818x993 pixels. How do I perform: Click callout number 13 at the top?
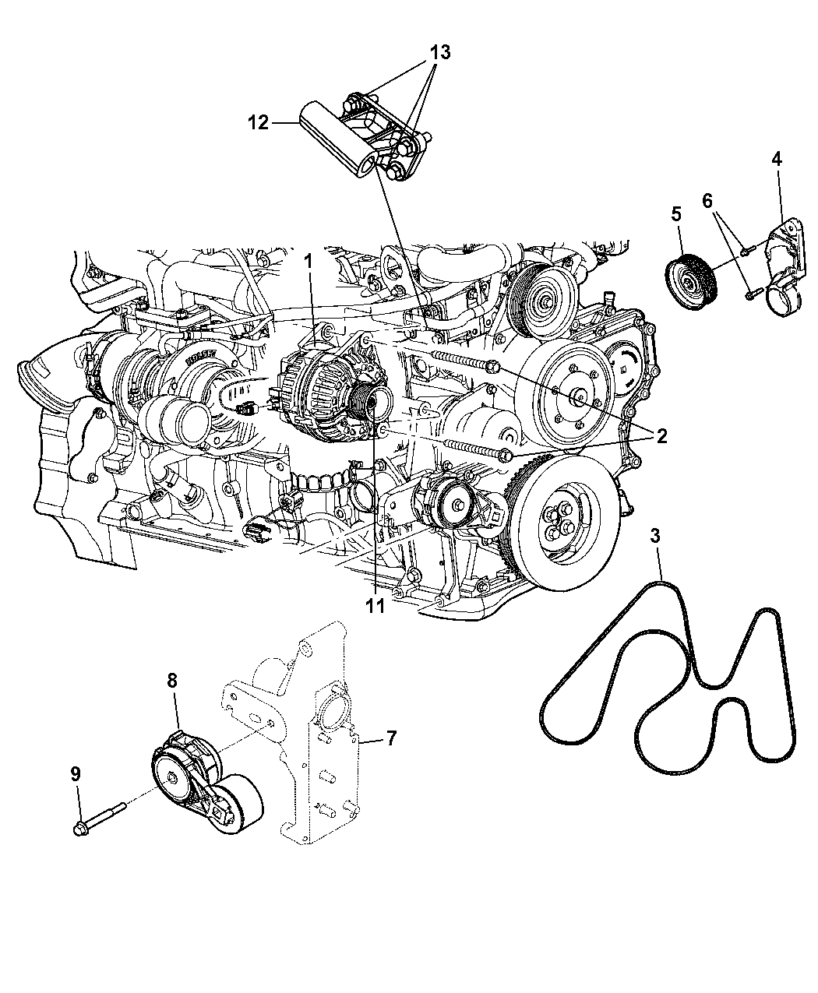(440, 52)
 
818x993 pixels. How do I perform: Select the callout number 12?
(259, 123)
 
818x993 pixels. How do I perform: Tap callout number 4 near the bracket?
(776, 159)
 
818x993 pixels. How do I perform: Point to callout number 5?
(676, 214)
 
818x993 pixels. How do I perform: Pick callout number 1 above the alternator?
(309, 261)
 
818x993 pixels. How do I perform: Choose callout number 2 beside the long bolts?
(662, 436)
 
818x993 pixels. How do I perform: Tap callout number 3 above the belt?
(656, 536)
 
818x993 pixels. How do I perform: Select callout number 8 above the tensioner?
(172, 681)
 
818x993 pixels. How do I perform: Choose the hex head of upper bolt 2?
(493, 367)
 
